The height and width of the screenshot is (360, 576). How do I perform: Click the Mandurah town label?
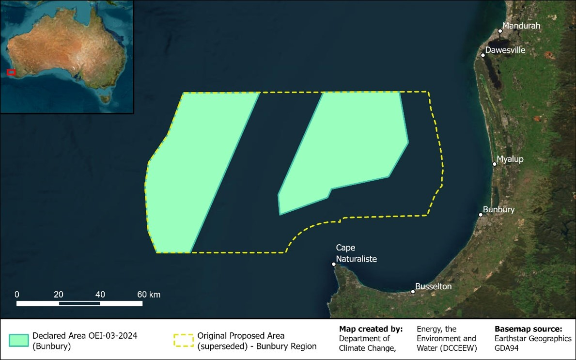coord(521,26)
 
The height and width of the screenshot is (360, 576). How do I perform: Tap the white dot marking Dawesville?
coord(483,55)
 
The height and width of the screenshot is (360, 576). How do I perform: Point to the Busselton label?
coord(433,286)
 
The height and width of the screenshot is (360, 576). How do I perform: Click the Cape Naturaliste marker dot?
coord(334,265)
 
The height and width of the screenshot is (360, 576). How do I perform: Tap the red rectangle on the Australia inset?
coord(11,72)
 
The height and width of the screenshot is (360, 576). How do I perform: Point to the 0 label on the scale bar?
coord(17,294)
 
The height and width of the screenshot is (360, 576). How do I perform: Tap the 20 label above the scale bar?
coord(59,294)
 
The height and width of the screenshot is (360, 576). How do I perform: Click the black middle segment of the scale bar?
coord(79,304)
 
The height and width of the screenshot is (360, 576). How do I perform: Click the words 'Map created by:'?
coord(371,329)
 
